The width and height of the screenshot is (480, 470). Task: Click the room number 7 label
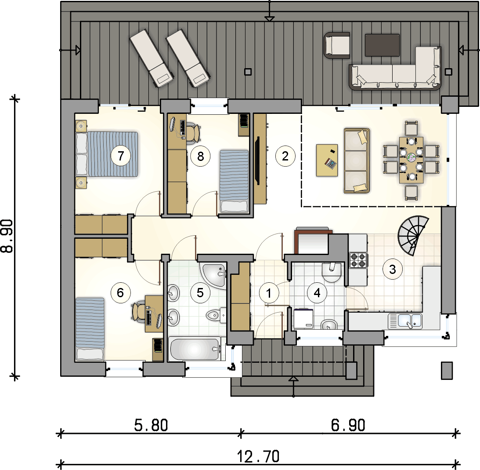click(121, 156)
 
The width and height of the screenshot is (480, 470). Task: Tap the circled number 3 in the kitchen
click(393, 270)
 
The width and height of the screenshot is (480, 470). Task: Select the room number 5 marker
click(200, 293)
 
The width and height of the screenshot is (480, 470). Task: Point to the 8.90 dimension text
click(7, 236)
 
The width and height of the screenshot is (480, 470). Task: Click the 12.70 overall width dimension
click(258, 456)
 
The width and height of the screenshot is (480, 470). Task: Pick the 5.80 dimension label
click(151, 425)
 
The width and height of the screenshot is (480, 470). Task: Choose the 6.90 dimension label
click(348, 425)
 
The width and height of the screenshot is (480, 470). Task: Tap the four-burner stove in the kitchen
click(358, 260)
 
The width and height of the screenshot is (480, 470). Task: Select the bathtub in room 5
click(195, 349)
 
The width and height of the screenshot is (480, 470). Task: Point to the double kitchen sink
click(405, 321)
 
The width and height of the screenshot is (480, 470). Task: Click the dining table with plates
click(411, 160)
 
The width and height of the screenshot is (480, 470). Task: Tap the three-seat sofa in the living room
click(357, 160)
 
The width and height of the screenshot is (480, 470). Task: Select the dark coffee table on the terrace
click(382, 45)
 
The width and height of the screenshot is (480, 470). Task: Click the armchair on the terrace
click(337, 45)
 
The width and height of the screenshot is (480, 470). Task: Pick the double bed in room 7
click(107, 154)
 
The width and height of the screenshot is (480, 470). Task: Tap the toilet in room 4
click(332, 273)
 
